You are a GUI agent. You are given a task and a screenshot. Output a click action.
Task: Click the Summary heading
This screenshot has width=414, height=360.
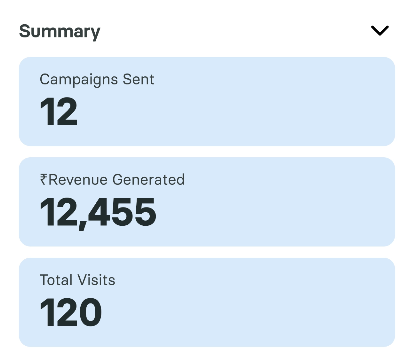click(x=60, y=31)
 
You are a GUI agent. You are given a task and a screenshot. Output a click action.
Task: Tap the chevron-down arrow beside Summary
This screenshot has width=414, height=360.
click(x=380, y=31)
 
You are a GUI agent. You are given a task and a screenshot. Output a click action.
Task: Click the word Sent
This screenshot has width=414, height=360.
click(x=139, y=79)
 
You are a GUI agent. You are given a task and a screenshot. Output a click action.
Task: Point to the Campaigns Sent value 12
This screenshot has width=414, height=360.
click(x=59, y=112)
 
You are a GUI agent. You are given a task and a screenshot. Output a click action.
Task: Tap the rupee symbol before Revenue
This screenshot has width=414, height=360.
click(x=44, y=179)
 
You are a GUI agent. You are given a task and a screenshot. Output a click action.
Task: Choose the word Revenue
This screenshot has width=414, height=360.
click(x=78, y=180)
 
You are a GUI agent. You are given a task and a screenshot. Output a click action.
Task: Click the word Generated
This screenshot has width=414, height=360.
click(x=148, y=180)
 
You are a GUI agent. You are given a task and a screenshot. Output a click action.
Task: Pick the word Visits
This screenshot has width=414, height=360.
click(x=97, y=280)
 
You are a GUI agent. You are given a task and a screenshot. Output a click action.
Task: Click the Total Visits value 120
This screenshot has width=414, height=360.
click(x=71, y=312)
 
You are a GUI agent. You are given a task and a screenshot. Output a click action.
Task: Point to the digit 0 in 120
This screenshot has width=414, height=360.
click(x=90, y=312)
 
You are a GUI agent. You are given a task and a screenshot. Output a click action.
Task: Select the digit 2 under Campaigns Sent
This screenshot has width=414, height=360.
click(x=66, y=112)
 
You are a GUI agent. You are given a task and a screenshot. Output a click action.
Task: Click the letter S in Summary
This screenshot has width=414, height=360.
click(x=25, y=31)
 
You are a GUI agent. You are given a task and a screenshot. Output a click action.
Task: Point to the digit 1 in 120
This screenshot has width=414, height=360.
click(x=46, y=312)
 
